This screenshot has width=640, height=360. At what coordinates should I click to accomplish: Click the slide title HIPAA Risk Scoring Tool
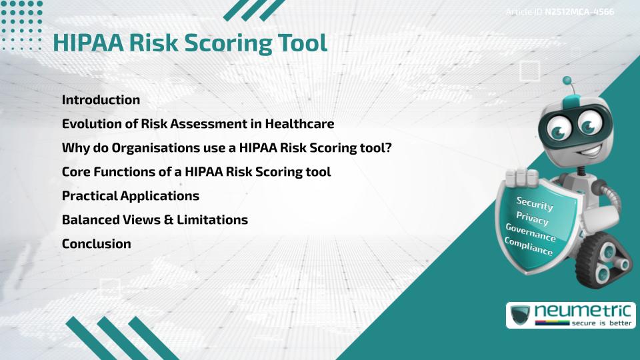(190, 43)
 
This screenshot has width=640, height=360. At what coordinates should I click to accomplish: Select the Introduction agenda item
(101, 100)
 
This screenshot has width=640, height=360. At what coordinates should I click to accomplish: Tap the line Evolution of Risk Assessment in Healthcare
(198, 124)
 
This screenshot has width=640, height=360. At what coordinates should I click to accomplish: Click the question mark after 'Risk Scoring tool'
(387, 148)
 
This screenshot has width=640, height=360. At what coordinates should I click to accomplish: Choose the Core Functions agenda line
(196, 172)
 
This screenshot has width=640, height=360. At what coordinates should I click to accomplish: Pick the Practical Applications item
(131, 196)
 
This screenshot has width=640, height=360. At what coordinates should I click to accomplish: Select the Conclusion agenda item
(96, 244)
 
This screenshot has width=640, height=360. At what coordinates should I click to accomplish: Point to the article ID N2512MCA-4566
(579, 12)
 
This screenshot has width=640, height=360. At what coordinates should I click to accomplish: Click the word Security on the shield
(534, 203)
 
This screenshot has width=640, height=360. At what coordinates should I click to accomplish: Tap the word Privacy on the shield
(532, 218)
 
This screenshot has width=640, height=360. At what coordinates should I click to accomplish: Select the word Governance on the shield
(531, 233)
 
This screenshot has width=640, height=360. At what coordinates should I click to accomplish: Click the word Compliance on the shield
(529, 247)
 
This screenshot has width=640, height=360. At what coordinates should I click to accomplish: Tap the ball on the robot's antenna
(567, 81)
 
